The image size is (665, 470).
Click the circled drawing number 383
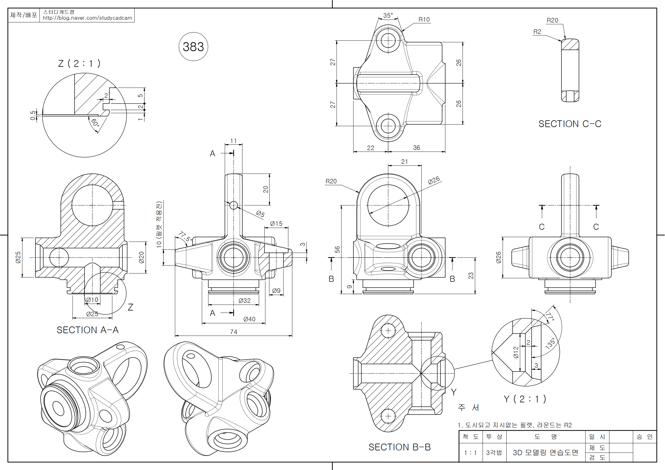tap(193, 47)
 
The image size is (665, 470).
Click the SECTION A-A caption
tap(88, 330)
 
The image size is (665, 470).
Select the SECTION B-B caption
tap(399, 447)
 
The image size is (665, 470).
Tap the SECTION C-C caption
tap(570, 124)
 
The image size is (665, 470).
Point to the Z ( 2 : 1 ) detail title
tap(79, 63)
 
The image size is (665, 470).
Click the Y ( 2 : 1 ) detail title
tap(525, 399)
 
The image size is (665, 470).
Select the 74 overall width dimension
tap(233, 332)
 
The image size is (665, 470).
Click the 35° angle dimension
tap(388, 15)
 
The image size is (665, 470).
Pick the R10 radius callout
tap(424, 19)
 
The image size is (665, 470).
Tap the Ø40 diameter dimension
tap(249, 319)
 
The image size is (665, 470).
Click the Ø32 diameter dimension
tap(245, 301)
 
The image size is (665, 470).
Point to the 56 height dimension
tap(337, 249)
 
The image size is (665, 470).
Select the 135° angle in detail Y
tap(550, 343)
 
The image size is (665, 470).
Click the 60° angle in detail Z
tap(95, 123)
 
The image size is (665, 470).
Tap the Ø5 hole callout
tap(260, 214)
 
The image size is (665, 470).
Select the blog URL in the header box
tap(87, 18)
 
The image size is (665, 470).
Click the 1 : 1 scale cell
tap(470, 453)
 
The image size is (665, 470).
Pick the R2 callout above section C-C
tap(537, 32)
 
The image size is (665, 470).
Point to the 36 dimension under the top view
tap(416, 148)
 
